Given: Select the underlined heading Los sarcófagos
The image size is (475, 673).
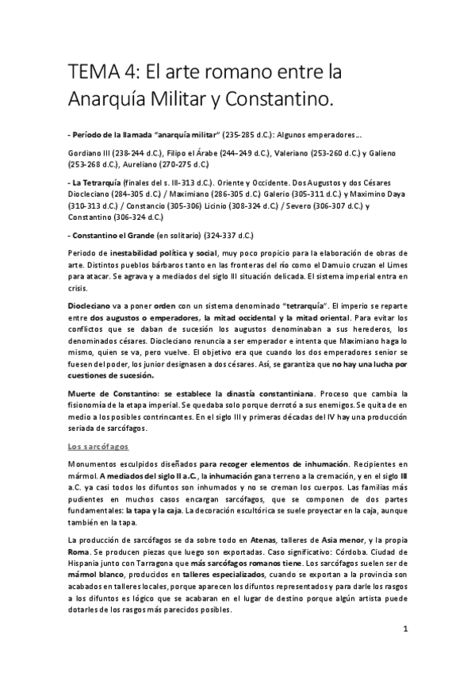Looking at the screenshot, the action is pyautogui.click(x=98, y=447).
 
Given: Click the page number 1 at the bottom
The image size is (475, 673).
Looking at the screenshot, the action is pyautogui.click(x=405, y=631).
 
